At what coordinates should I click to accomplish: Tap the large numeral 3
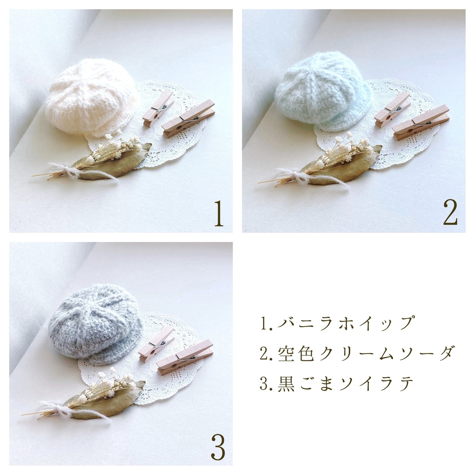click(x=218, y=448)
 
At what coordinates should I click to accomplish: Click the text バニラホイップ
click(x=337, y=322)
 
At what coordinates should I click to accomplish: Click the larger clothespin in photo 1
click(x=188, y=118)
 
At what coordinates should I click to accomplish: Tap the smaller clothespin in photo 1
click(x=158, y=108)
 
